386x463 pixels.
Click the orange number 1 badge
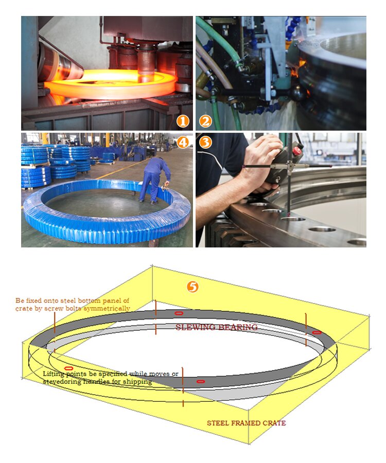coord(182,121)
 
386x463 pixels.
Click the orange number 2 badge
coord(205,121)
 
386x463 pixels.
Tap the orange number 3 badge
coord(205,142)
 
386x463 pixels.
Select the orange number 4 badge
coord(182,142)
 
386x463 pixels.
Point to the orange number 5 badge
coord(192,287)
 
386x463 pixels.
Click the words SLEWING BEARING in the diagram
coord(216,327)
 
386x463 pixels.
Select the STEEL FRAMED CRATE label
coord(246,423)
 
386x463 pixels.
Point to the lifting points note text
coord(110,378)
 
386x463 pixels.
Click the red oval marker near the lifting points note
coord(68,368)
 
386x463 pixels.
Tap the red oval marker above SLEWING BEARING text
coord(179,313)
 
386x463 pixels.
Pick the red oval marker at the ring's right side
coord(317,332)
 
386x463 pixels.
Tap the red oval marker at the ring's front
coord(201,381)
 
